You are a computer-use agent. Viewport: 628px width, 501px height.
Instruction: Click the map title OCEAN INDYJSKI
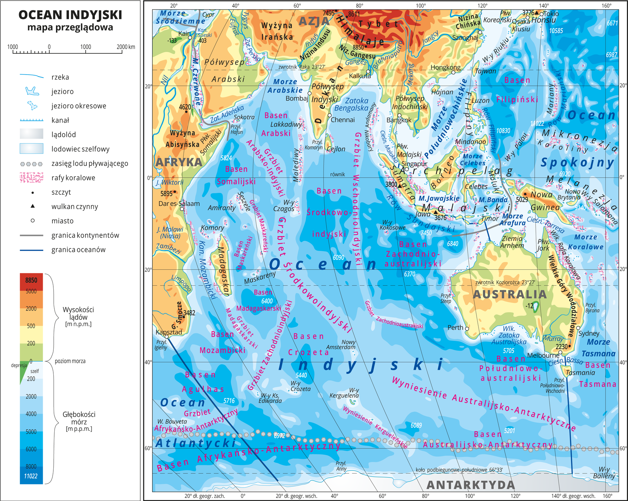pyautogui.click(x=70, y=15)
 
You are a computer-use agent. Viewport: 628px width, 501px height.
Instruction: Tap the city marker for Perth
pyautogui.click(x=467, y=329)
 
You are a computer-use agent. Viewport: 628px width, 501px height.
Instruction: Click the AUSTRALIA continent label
pyautogui.click(x=510, y=295)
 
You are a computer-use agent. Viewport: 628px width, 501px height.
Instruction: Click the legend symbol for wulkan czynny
pyautogui.click(x=32, y=206)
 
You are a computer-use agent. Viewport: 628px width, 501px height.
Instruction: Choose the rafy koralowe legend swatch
pyautogui.click(x=31, y=178)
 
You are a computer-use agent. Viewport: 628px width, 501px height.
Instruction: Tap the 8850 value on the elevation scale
pyautogui.click(x=31, y=280)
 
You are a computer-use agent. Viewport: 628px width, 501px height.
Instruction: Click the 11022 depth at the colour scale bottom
pyautogui.click(x=31, y=476)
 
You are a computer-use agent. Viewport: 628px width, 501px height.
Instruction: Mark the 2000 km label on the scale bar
pyautogui.click(x=126, y=47)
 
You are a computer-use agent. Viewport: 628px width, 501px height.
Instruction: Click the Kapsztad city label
pyautogui.click(x=168, y=332)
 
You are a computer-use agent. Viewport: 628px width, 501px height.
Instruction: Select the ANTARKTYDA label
pyautogui.click(x=470, y=485)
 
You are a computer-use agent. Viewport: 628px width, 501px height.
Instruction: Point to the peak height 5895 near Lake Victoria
pyautogui.click(x=166, y=193)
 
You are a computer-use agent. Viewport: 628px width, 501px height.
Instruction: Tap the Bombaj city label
pyautogui.click(x=297, y=98)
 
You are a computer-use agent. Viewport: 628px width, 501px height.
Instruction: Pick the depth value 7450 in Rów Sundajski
pyautogui.click(x=426, y=233)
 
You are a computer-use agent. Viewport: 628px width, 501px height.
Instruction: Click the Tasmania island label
pyautogui.click(x=580, y=373)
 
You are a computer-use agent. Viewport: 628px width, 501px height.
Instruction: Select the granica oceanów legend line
pyautogui.click(x=31, y=250)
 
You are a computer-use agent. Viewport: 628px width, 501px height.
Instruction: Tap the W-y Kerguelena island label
pyautogui.click(x=344, y=393)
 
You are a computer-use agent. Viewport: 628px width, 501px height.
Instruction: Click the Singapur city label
pyautogui.click(x=414, y=164)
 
